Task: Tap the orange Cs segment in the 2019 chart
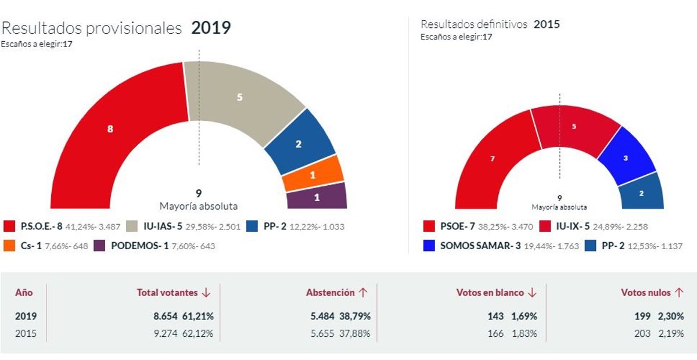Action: click(x=313, y=174)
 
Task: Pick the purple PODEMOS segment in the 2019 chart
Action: click(x=317, y=196)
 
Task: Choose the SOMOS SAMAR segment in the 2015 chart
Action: click(x=626, y=157)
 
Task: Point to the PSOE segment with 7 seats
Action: click(x=493, y=158)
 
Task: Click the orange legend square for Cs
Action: click(x=9, y=246)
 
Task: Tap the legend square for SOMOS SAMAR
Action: click(x=429, y=246)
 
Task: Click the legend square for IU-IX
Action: click(x=545, y=226)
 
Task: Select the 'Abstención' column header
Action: click(x=330, y=293)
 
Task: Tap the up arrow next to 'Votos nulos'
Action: click(x=679, y=293)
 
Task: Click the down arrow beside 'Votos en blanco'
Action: click(x=532, y=293)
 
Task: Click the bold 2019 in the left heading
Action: click(x=211, y=28)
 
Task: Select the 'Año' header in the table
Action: click(x=24, y=293)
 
